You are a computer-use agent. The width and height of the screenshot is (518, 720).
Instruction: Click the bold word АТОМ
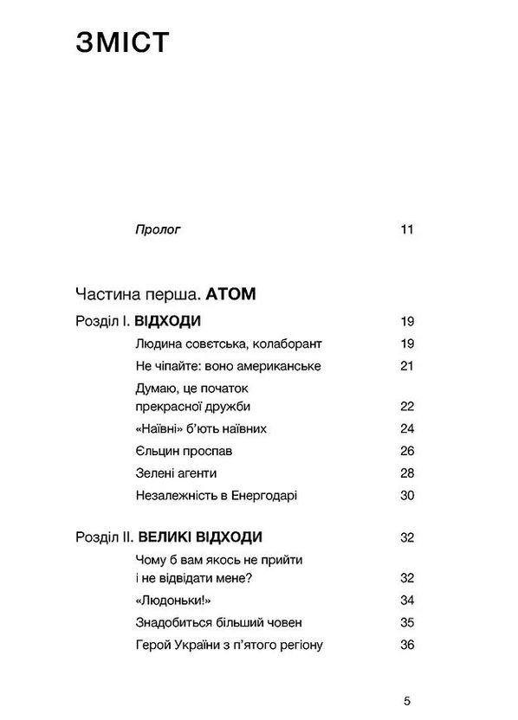tap(232, 294)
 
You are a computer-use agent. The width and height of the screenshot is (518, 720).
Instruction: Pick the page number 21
tap(407, 366)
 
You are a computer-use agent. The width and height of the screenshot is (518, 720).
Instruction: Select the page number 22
tap(407, 406)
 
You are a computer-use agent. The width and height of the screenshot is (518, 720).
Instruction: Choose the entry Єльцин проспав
tap(184, 451)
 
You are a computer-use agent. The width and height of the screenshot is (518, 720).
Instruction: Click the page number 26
tap(407, 451)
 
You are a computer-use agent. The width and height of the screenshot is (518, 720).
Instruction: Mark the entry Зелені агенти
tap(176, 473)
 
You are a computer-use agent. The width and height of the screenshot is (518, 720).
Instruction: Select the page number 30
tap(407, 496)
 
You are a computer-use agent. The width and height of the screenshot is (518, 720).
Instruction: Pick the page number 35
tap(407, 622)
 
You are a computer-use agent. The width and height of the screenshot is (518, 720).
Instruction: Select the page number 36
tap(407, 645)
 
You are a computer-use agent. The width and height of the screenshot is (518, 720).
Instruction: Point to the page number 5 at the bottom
tap(407, 700)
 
